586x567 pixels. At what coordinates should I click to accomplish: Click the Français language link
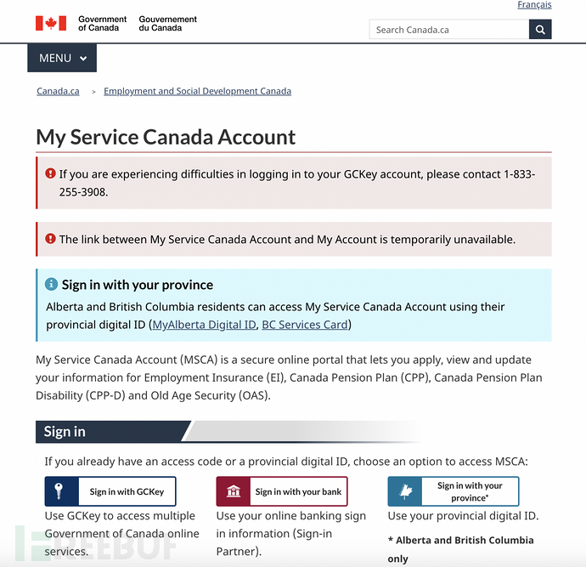534,5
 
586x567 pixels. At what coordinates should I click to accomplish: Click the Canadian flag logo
50,23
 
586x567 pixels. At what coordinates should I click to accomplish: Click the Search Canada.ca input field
448,30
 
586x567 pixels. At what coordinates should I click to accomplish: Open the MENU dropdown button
62,58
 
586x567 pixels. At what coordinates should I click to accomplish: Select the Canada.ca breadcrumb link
58,91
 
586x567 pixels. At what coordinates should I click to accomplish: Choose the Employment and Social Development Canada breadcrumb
197,91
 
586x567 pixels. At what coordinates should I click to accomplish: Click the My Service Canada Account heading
166,137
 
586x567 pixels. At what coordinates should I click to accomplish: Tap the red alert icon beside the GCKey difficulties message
50,173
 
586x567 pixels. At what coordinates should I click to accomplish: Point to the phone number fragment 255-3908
83,191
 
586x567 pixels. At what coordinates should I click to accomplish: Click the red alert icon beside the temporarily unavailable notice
50,239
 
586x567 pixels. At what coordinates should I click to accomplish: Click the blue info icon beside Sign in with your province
51,284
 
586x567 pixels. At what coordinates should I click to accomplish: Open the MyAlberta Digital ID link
204,325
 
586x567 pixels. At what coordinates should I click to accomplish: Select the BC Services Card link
305,325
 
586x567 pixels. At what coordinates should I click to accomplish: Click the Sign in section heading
65,431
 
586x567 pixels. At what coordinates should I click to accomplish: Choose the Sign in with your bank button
282,491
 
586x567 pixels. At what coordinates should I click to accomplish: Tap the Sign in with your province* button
454,491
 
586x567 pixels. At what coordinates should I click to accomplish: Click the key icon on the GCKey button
59,491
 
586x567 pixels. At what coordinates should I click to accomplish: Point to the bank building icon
234,491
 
